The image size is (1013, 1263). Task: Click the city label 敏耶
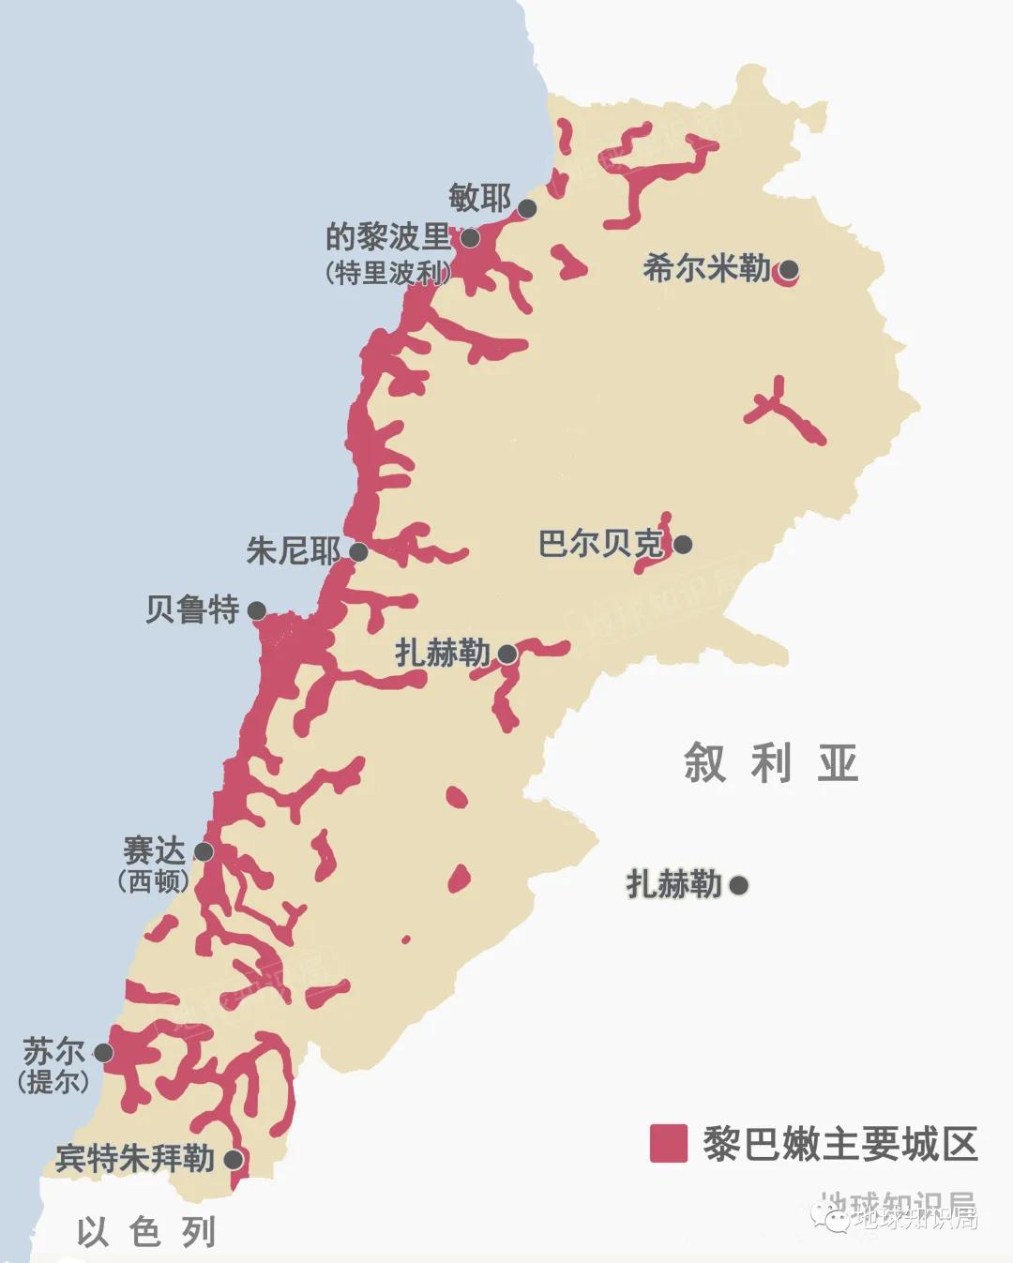click(x=479, y=198)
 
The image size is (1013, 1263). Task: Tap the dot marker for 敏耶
click(x=527, y=208)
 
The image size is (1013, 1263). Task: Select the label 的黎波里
click(x=387, y=236)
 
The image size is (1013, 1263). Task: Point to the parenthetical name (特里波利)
click(x=387, y=273)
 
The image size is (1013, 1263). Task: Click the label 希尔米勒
click(x=706, y=269)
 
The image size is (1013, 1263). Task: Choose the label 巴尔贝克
click(x=600, y=544)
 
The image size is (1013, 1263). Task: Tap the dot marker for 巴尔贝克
click(x=683, y=544)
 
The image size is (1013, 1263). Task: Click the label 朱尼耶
click(x=293, y=550)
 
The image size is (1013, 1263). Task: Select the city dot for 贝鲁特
click(x=256, y=610)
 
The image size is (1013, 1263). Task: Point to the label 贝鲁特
click(x=192, y=609)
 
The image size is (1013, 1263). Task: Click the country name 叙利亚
click(x=771, y=762)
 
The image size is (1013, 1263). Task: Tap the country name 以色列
click(x=146, y=1231)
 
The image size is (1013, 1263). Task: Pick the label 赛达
click(x=154, y=850)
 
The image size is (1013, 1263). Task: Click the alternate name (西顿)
click(x=154, y=881)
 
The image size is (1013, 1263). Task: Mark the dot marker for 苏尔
click(x=103, y=1052)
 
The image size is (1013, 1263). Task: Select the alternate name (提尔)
click(x=53, y=1081)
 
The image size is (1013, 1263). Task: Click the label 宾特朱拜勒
click(x=135, y=1159)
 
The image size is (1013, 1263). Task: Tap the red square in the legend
click(x=668, y=1144)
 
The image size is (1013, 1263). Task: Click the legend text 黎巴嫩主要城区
click(x=840, y=1144)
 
